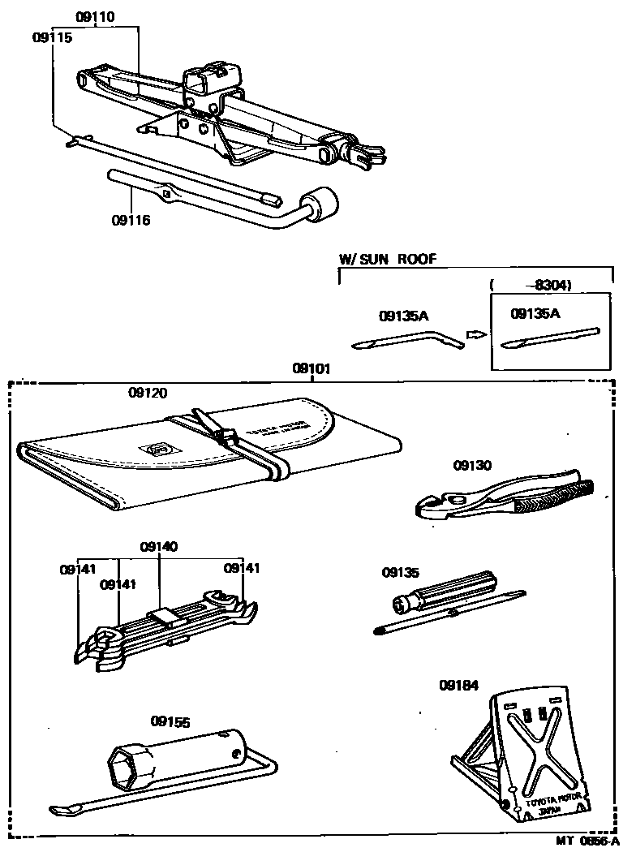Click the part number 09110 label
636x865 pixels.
click(95, 16)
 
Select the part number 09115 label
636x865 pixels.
click(53, 37)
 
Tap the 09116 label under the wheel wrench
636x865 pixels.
click(131, 220)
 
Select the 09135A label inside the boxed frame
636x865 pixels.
click(535, 312)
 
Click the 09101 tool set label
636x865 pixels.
click(312, 368)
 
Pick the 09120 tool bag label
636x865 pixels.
click(148, 393)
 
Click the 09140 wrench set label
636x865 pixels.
click(158, 547)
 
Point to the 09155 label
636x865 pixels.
click(170, 720)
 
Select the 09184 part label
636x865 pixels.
click(460, 685)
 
